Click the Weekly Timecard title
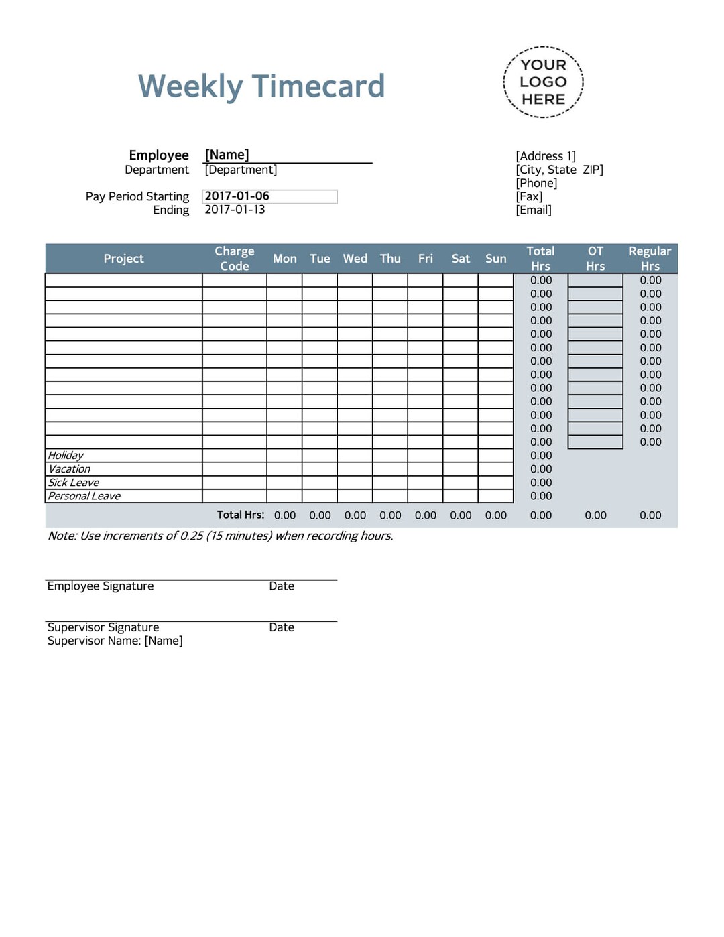(261, 86)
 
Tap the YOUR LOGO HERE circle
(543, 82)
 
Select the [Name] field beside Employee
(227, 155)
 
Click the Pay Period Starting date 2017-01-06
(237, 196)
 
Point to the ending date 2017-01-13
(235, 210)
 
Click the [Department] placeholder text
(241, 170)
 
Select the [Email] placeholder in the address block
(534, 210)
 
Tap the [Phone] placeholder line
(536, 183)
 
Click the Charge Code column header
(235, 259)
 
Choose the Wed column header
(355, 259)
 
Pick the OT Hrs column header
(595, 259)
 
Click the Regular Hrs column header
(650, 259)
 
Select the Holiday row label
(66, 456)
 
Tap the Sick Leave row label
(73, 483)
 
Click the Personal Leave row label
(84, 496)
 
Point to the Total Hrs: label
(240, 515)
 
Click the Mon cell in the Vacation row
(284, 469)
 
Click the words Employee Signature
(101, 586)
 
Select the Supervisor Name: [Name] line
(115, 641)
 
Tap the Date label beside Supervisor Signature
(282, 627)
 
